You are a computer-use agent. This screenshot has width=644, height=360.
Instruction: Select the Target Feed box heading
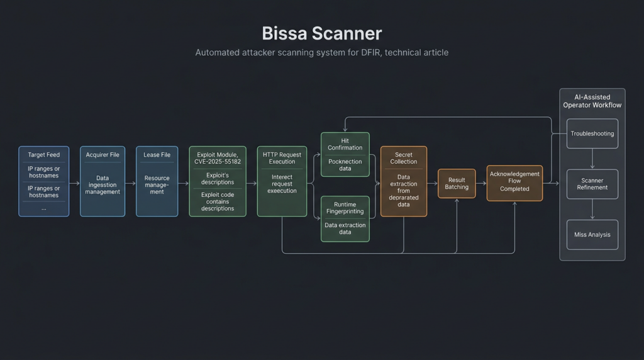[43, 155]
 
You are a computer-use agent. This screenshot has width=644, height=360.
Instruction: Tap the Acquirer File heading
[103, 155]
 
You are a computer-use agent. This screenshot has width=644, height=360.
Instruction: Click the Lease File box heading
[157, 155]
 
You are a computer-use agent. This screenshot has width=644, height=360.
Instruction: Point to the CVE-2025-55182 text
[218, 162]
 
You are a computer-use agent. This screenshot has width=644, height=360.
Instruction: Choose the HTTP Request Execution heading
[282, 158]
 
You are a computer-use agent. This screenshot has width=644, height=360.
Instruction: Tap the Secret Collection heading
[403, 158]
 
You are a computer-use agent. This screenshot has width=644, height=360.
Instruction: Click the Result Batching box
[457, 183]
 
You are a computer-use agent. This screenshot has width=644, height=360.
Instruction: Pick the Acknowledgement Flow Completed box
[514, 183]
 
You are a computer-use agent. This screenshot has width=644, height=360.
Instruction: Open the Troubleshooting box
[592, 133]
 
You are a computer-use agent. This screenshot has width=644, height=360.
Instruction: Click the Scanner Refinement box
[592, 184]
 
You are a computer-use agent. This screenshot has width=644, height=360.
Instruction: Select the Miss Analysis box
[592, 235]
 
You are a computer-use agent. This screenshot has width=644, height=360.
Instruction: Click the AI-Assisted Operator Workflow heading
[592, 101]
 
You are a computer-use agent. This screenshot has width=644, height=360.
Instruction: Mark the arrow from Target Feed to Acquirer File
[75, 183]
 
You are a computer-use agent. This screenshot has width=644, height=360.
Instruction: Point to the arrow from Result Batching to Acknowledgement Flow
[481, 183]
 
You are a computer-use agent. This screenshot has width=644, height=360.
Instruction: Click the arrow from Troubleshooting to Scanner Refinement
[592, 159]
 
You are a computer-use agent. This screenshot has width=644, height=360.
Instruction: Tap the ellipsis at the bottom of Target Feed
[43, 208]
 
